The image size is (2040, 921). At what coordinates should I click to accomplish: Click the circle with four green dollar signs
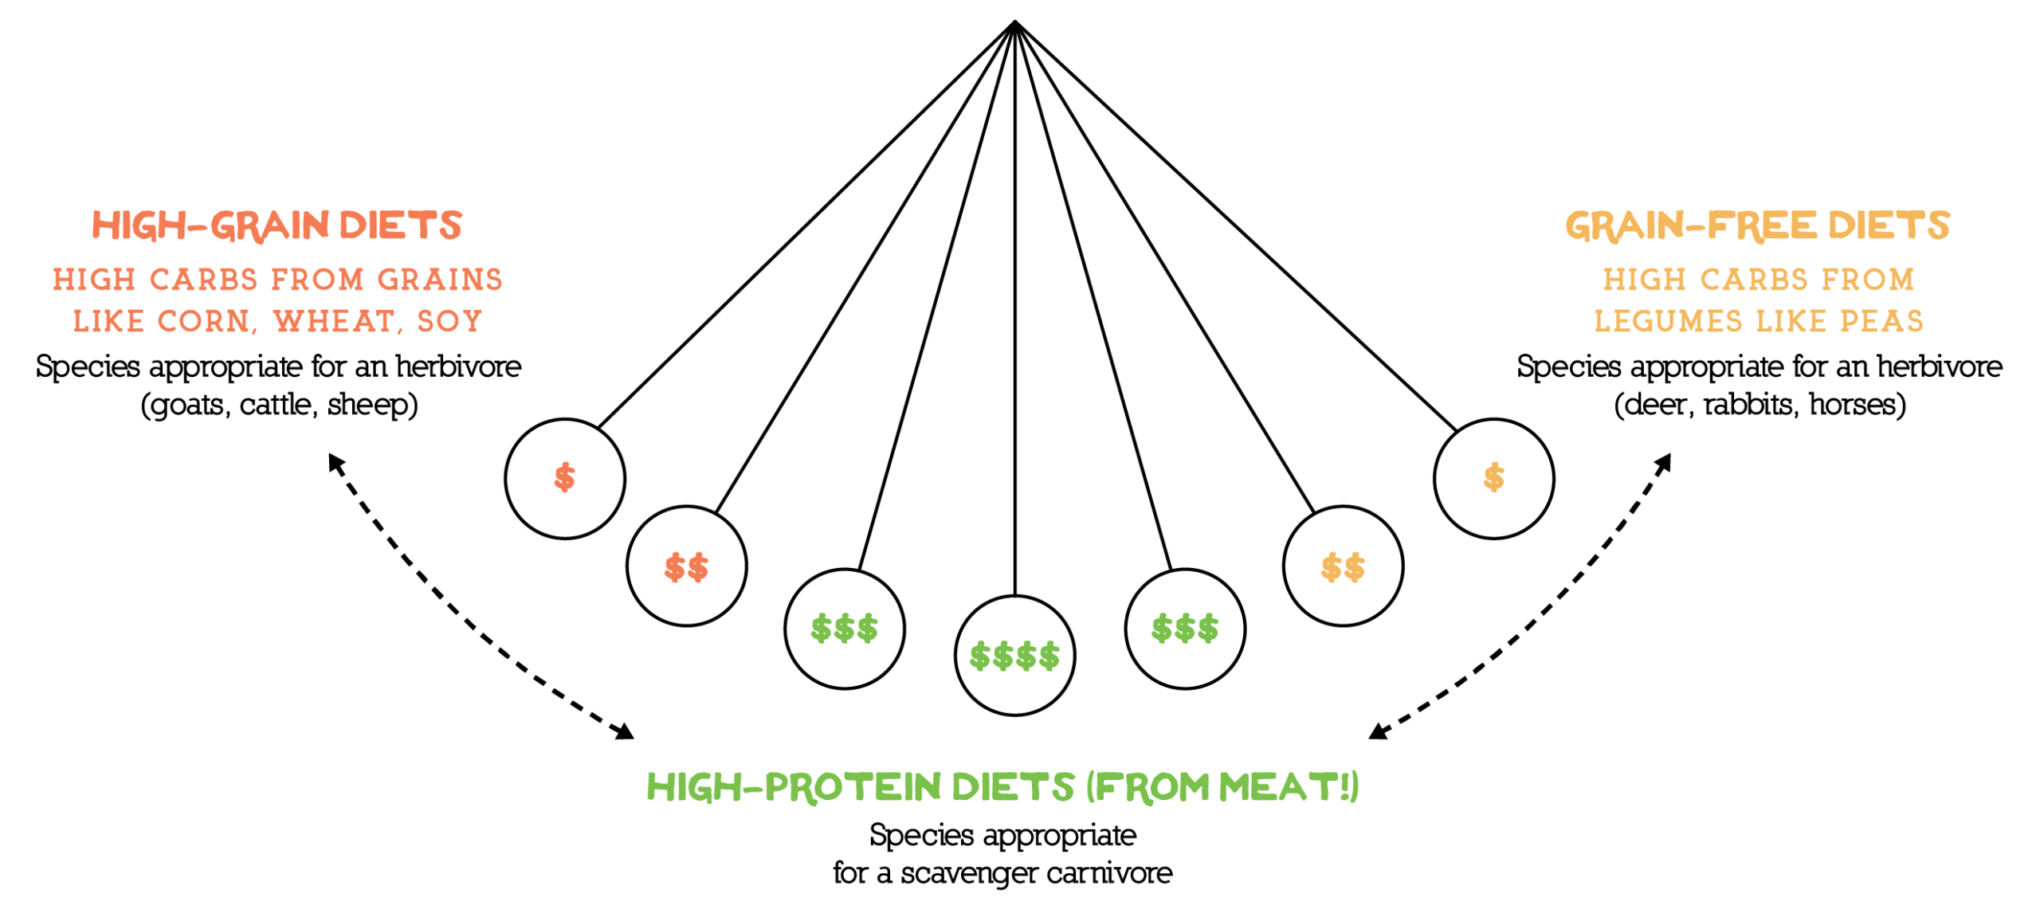1014,656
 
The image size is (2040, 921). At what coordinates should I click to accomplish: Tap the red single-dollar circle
565,478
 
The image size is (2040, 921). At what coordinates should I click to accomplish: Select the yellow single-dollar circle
1493,478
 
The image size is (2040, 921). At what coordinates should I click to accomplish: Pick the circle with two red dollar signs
686,566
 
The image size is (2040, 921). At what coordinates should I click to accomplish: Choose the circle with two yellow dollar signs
1343,566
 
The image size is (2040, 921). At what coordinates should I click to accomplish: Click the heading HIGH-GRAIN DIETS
277,225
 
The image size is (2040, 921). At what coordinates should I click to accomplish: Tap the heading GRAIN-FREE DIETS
1757,225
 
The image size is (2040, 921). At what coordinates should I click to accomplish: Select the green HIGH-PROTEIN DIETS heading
1002,786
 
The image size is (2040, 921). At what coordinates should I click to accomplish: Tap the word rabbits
1748,405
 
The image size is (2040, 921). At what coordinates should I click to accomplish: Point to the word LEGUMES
1668,321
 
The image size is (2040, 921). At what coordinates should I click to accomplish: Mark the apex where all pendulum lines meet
1014,22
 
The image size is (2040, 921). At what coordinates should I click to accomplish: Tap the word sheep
369,405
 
